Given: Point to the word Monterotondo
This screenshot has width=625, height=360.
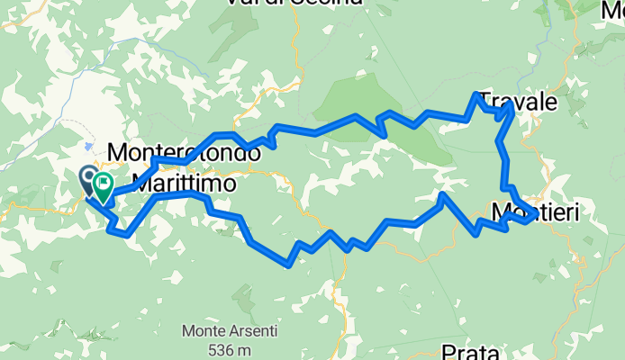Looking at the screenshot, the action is [x=184, y=153].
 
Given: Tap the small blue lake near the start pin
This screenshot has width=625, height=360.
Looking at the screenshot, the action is [x=88, y=146].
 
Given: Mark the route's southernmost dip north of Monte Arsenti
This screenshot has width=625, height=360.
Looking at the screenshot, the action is [x=287, y=265].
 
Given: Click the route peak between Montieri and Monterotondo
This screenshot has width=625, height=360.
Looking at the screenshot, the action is [x=443, y=193].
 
